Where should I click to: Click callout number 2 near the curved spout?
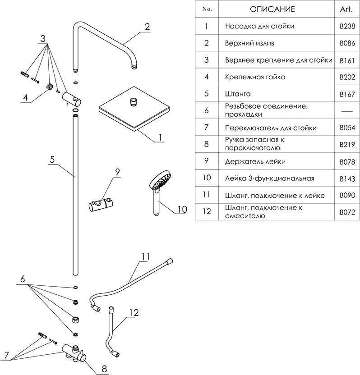147,27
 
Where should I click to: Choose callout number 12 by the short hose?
134,311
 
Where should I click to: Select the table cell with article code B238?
347,26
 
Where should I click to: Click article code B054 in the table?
347,128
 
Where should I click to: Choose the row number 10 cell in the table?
207,178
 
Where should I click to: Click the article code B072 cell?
347,212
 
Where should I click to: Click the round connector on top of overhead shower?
134,102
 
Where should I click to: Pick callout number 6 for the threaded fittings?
23,280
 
